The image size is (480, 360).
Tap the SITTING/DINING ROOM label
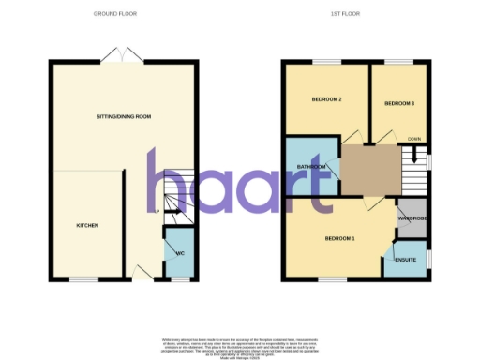[124, 116]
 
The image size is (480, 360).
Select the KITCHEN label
[87, 226]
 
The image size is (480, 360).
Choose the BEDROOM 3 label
[399, 101]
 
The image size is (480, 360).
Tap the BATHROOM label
[310, 167]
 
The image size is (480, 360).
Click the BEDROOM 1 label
[339, 238]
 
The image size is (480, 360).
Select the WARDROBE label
[412, 218]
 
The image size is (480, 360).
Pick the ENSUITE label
[406, 259]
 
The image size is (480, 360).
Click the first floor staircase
[413, 169]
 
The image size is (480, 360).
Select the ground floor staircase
[177, 198]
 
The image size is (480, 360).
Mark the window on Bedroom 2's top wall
[326, 63]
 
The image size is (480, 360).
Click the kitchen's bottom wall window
[83, 279]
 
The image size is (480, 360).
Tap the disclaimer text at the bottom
[240, 343]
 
